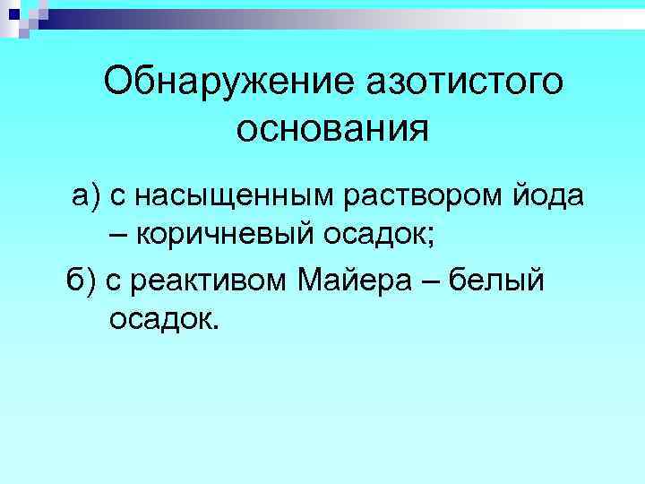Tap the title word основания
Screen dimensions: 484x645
pyautogui.click(x=333, y=129)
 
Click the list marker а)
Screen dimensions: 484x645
pyautogui.click(x=88, y=194)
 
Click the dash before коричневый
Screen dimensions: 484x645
pyautogui.click(x=119, y=235)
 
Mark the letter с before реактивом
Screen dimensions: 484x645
pyautogui.click(x=114, y=281)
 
